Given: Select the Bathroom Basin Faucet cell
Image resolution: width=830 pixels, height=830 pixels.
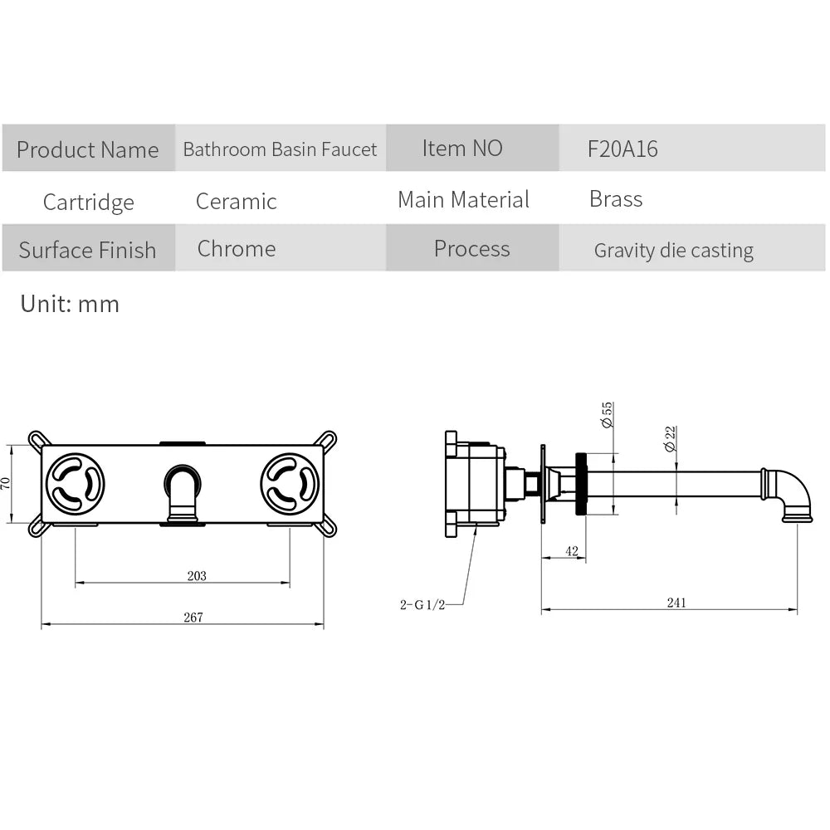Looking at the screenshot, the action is (280, 149).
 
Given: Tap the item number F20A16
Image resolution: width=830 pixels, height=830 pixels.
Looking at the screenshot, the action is (622, 149).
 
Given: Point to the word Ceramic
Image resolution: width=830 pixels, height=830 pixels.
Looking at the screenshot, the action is (236, 201).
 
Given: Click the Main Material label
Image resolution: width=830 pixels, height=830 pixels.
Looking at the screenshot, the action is (463, 199).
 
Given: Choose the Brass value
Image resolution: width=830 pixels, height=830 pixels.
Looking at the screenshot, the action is (616, 199).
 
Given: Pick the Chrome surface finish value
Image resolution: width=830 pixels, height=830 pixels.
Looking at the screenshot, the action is (236, 248).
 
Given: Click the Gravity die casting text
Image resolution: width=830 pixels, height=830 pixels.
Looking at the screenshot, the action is (673, 251).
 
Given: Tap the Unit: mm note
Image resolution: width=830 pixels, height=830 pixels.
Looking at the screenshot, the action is (70, 304).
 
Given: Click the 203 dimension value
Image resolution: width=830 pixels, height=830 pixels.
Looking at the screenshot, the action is (197, 575).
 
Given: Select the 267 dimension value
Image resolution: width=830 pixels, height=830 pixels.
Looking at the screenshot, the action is (193, 617).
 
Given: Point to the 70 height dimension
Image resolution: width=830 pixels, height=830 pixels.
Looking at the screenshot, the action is (5, 483).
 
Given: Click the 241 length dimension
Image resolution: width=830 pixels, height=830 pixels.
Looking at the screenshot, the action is (676, 603).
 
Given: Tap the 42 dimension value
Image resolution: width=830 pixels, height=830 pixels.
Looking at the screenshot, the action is (572, 551).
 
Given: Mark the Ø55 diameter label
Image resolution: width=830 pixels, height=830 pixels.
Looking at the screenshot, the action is (607, 414).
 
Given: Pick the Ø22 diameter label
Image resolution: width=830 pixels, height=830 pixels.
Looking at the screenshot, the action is (670, 439).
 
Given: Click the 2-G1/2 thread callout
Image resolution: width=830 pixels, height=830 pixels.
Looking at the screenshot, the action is (422, 604).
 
